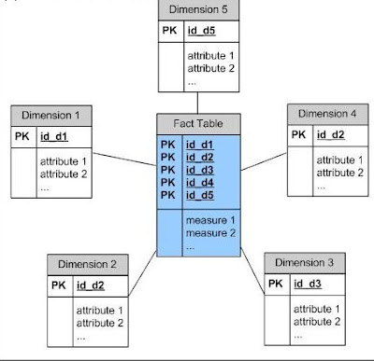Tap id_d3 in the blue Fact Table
[x=200, y=169]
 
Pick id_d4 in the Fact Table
[x=200, y=182]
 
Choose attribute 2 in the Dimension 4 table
[x=339, y=173]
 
